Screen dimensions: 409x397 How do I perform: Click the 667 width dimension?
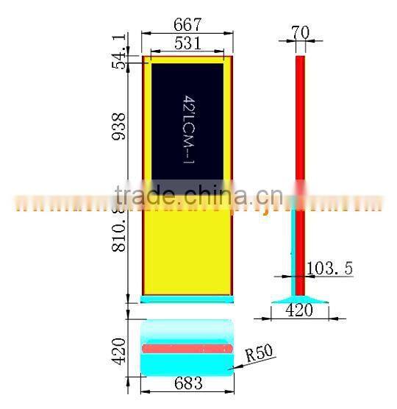point(187,25)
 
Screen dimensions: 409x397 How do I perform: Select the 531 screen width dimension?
point(187,43)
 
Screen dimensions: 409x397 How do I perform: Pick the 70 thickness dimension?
point(300,32)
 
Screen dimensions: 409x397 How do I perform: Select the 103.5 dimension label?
point(329,268)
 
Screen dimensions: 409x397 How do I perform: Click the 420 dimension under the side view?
point(299,310)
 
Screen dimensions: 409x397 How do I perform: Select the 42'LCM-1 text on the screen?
point(188,129)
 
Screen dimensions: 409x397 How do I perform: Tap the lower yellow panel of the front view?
point(187,250)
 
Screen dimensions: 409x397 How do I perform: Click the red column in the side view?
point(299,125)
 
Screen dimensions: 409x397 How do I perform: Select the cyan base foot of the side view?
point(299,299)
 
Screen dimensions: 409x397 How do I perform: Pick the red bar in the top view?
point(187,347)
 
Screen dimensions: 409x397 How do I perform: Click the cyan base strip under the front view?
point(187,299)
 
